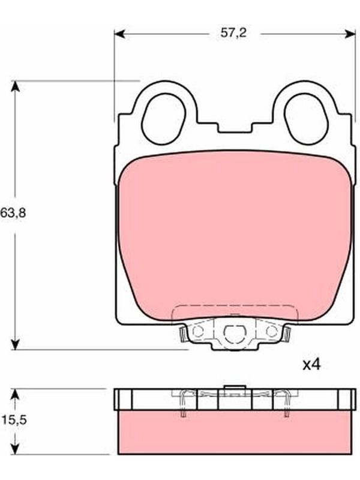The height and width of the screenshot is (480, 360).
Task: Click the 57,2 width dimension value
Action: [x=233, y=33]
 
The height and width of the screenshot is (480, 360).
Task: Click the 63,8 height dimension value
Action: [x=13, y=212]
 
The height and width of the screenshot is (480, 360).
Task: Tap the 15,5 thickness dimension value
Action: [x=14, y=420]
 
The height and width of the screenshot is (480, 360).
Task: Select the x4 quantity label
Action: [x=311, y=365]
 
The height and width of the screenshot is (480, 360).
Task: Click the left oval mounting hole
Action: [x=164, y=119]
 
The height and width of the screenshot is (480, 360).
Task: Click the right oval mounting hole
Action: [x=305, y=119]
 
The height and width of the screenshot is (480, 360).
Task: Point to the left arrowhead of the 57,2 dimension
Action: [x=119, y=34]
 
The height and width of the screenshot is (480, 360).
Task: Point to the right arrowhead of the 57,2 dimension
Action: [x=350, y=34]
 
